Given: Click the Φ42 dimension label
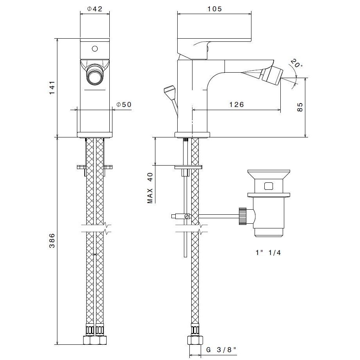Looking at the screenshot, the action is [94, 9].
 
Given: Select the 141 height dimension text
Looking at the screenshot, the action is [52, 87].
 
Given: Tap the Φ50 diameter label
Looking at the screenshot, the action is [124, 105].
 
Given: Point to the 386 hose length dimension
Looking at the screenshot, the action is [52, 241].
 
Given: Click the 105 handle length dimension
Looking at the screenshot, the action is [215, 9].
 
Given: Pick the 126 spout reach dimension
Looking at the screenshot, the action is [237, 105].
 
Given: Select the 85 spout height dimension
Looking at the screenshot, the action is [300, 107].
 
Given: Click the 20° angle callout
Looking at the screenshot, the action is [296, 63].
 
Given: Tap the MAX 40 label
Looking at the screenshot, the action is [150, 188].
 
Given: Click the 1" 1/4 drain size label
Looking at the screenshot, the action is [268, 253].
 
